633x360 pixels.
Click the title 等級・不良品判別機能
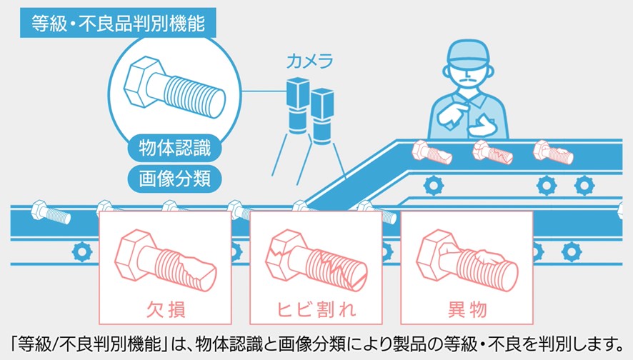pos(119,21)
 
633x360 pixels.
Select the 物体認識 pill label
pos(174,151)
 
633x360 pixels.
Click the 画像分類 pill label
pos(174,178)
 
